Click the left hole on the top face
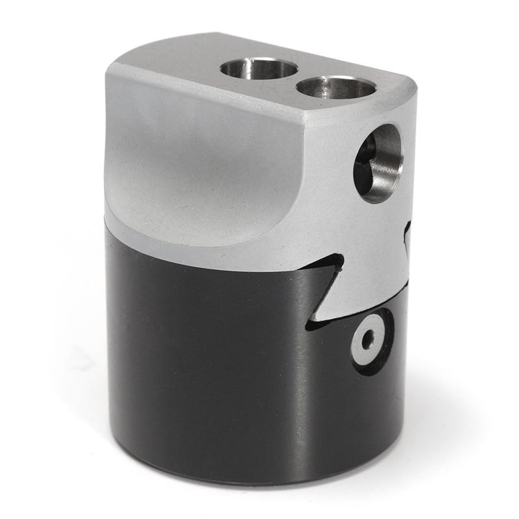tap(259, 68)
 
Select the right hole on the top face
tap(337, 86)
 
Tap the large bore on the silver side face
tap(379, 163)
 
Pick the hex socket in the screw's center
tap(368, 339)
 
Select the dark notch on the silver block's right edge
tap(407, 235)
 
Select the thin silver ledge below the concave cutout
tap(195, 243)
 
